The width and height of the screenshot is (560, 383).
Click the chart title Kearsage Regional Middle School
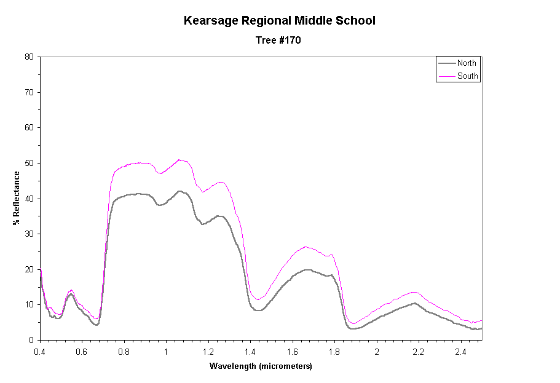pos(280,21)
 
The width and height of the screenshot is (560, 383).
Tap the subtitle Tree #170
pos(278,41)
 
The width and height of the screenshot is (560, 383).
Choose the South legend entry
pos(467,76)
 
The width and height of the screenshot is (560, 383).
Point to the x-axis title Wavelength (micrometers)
pos(261,366)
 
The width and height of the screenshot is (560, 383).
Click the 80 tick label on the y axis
pos(29,57)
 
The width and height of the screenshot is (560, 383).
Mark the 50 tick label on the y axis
pos(29,163)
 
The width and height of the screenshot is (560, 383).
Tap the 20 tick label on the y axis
pos(29,269)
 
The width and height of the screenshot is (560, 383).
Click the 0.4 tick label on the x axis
pos(40,351)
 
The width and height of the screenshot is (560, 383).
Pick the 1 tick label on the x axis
pos(166,351)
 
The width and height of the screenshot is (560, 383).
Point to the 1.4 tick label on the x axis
pos(250,351)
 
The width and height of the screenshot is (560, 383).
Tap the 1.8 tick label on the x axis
pos(334,351)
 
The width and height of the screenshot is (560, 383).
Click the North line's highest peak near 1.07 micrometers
pos(179,191)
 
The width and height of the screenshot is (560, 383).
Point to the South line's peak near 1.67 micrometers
pos(306,247)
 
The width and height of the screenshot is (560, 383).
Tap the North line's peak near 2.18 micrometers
pos(415,303)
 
